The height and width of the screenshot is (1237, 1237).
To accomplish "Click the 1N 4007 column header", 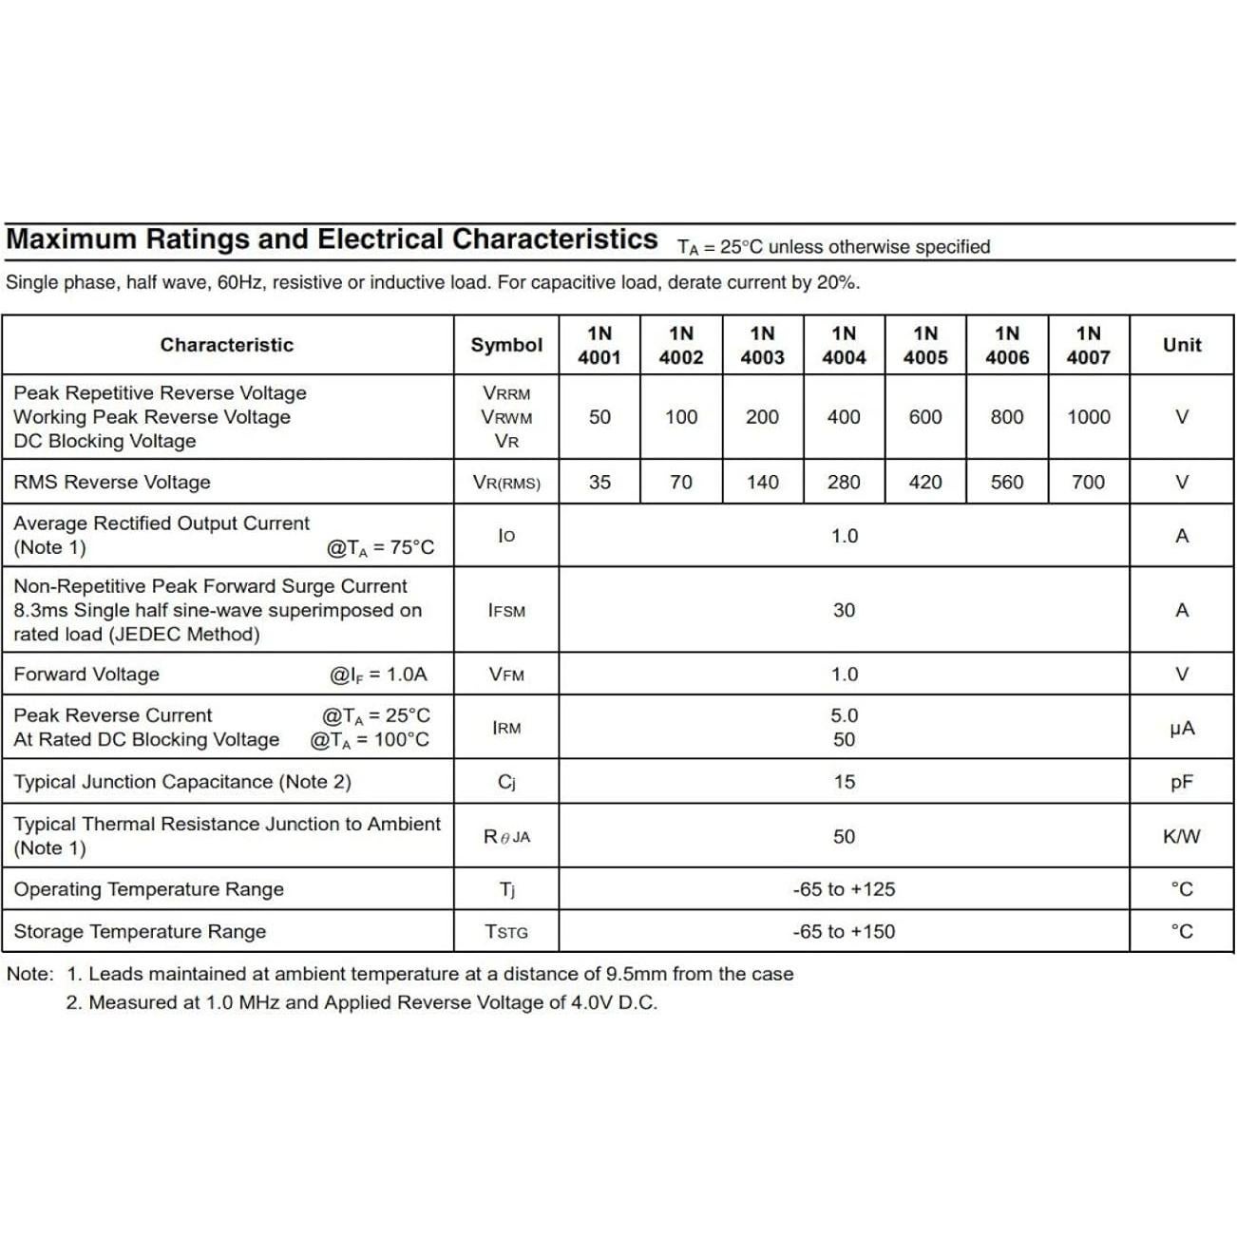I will pyautogui.click(x=1088, y=345).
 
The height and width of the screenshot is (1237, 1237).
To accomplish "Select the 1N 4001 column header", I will pyautogui.click(x=599, y=345).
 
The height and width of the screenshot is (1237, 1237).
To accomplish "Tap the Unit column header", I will pyautogui.click(x=1182, y=345).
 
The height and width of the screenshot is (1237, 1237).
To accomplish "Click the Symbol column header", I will pyautogui.click(x=506, y=345).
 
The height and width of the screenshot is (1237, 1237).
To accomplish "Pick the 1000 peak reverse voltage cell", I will pyautogui.click(x=1088, y=417).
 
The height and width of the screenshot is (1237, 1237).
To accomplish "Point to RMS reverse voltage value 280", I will pyautogui.click(x=844, y=483).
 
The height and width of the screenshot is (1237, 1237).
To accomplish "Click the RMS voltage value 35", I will pyautogui.click(x=599, y=483).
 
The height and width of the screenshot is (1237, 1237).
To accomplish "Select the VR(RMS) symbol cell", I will pyautogui.click(x=506, y=483).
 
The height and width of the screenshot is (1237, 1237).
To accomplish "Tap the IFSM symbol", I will pyautogui.click(x=506, y=611).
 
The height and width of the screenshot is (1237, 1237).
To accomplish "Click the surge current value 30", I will pyautogui.click(x=844, y=611).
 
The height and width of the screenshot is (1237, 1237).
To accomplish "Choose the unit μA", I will pyautogui.click(x=1182, y=729).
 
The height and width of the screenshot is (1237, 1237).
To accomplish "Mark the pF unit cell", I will pyautogui.click(x=1182, y=783).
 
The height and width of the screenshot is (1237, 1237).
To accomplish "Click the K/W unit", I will pyautogui.click(x=1182, y=837).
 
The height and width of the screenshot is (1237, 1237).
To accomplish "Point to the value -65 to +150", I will pyautogui.click(x=844, y=932).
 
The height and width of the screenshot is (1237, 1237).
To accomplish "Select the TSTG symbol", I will pyautogui.click(x=506, y=932).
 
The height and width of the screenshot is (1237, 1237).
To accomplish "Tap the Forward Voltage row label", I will pyautogui.click(x=86, y=675).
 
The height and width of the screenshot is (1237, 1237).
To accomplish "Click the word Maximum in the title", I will pyautogui.click(x=71, y=239).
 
